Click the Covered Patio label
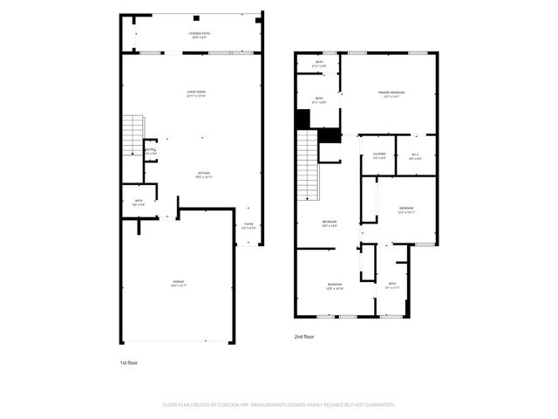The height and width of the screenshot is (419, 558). [200, 34]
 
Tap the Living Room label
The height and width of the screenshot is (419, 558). [196, 93]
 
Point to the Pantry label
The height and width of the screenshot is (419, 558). [151, 151]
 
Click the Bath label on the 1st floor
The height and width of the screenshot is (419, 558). [139, 202]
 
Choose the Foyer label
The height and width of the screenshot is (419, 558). [248, 225]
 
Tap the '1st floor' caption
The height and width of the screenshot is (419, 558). [128, 362]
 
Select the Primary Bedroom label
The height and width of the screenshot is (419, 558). [389, 93]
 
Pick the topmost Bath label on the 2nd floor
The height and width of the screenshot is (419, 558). [319, 63]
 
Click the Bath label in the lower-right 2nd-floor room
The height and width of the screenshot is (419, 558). [392, 285]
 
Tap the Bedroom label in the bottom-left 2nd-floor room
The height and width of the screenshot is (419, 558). [335, 285]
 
